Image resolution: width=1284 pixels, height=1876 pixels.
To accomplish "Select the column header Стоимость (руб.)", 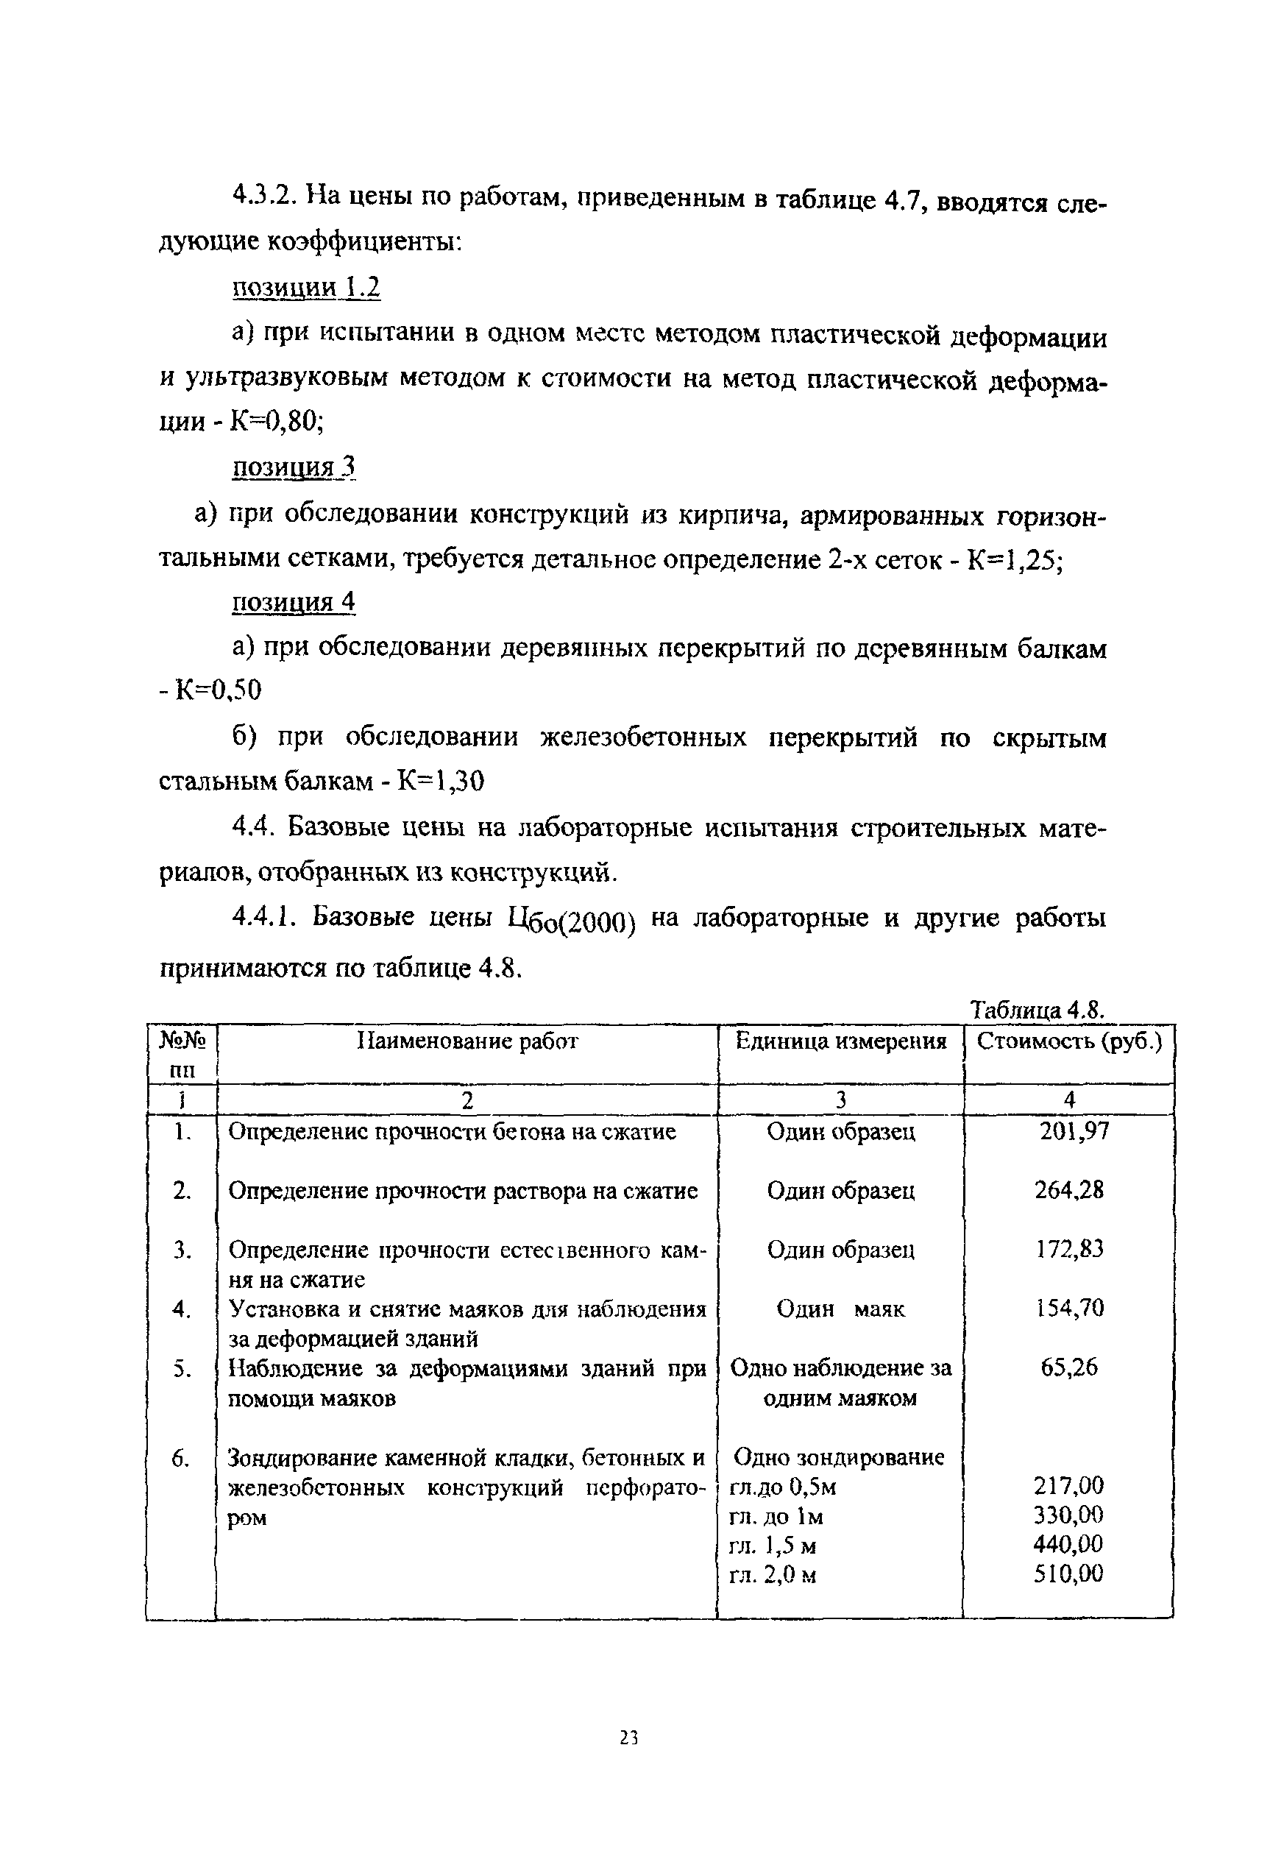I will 1069,1041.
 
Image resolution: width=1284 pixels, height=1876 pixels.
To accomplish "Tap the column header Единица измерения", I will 840,1041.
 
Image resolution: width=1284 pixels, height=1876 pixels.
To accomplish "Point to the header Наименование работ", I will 467,1041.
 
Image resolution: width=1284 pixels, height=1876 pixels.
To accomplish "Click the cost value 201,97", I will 1074,1131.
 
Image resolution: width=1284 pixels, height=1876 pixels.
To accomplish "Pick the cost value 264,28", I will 1069,1190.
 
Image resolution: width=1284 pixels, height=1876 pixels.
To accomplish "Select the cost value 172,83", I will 1069,1249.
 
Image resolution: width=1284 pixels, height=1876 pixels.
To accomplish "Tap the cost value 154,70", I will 1069,1308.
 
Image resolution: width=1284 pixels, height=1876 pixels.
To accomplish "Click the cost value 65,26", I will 1069,1367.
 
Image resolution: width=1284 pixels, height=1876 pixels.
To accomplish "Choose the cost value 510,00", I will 1068,1574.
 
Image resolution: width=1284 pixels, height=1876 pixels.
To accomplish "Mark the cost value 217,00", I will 1068,1485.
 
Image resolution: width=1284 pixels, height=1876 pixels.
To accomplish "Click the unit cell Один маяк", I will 840,1309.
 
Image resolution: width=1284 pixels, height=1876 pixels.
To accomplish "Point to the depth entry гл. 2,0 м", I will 773,1574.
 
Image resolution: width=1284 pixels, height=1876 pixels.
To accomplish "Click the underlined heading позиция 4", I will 294,603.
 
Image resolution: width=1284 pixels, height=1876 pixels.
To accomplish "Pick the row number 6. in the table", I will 181,1458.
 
